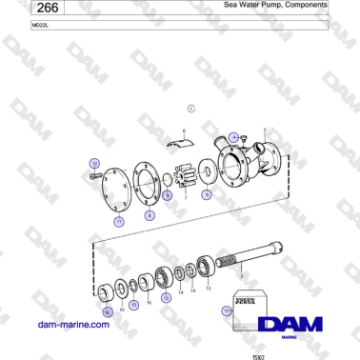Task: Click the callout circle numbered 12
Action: [x=94, y=164]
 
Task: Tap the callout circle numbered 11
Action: [x=118, y=220]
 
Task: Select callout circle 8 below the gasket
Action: [x=150, y=216]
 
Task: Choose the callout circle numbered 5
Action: [x=207, y=192]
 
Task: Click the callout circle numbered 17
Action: [x=226, y=310]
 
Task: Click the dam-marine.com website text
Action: [x=71, y=324]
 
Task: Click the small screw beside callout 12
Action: [x=93, y=178]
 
